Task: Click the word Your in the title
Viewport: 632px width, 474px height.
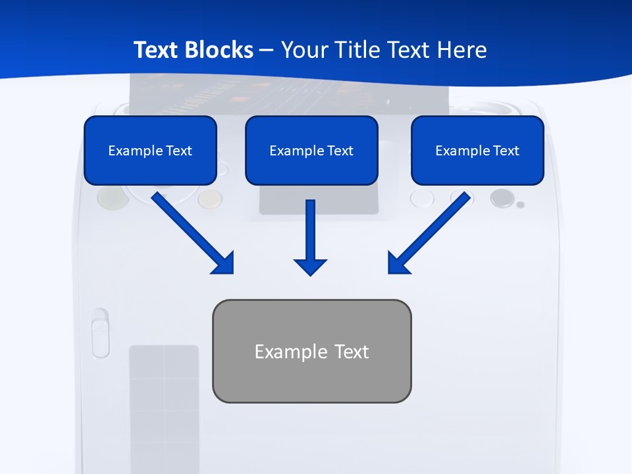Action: (303, 50)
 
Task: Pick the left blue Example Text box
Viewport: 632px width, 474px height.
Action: (150, 150)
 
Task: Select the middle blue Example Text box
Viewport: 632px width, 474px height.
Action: (311, 150)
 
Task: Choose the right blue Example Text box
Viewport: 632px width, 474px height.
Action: (477, 150)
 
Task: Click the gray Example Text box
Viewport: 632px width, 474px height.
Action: (311, 351)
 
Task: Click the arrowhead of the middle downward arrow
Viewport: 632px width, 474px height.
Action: (310, 267)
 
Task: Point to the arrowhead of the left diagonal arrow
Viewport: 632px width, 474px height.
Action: (224, 263)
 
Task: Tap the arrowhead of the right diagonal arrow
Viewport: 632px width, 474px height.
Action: (398, 263)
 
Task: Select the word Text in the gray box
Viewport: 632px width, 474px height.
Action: (352, 352)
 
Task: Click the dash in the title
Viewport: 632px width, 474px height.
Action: (267, 51)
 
